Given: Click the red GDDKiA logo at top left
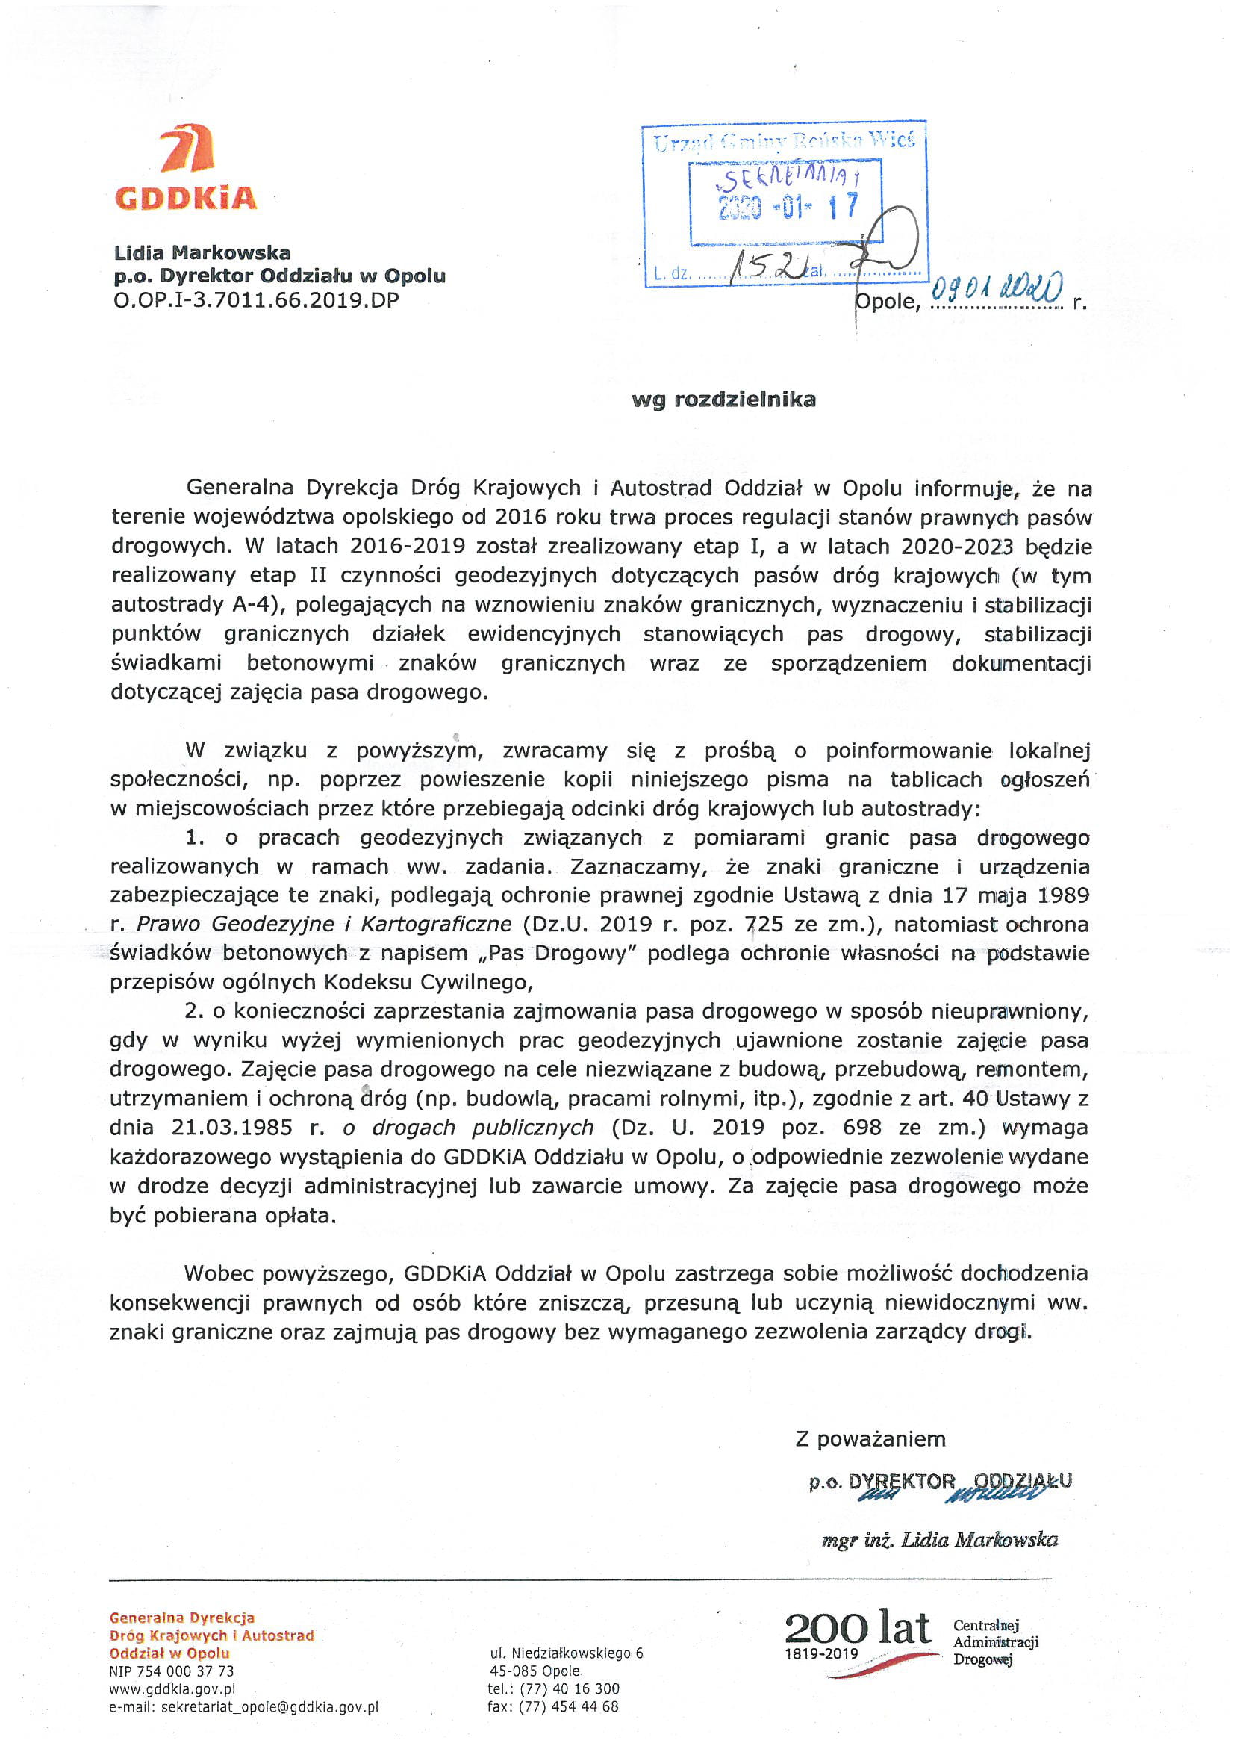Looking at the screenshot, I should click(187, 169).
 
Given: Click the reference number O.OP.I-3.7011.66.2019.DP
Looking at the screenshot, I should click(256, 301).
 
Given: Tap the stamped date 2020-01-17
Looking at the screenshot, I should click(788, 207).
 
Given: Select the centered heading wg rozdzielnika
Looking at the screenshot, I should click(724, 400).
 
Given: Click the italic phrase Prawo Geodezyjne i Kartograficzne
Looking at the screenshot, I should click(324, 925).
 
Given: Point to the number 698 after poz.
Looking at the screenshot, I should click(861, 1128).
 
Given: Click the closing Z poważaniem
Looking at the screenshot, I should click(870, 1440).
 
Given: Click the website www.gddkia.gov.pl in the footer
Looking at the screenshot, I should click(172, 1689).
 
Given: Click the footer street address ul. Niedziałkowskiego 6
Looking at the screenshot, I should click(567, 1653).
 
